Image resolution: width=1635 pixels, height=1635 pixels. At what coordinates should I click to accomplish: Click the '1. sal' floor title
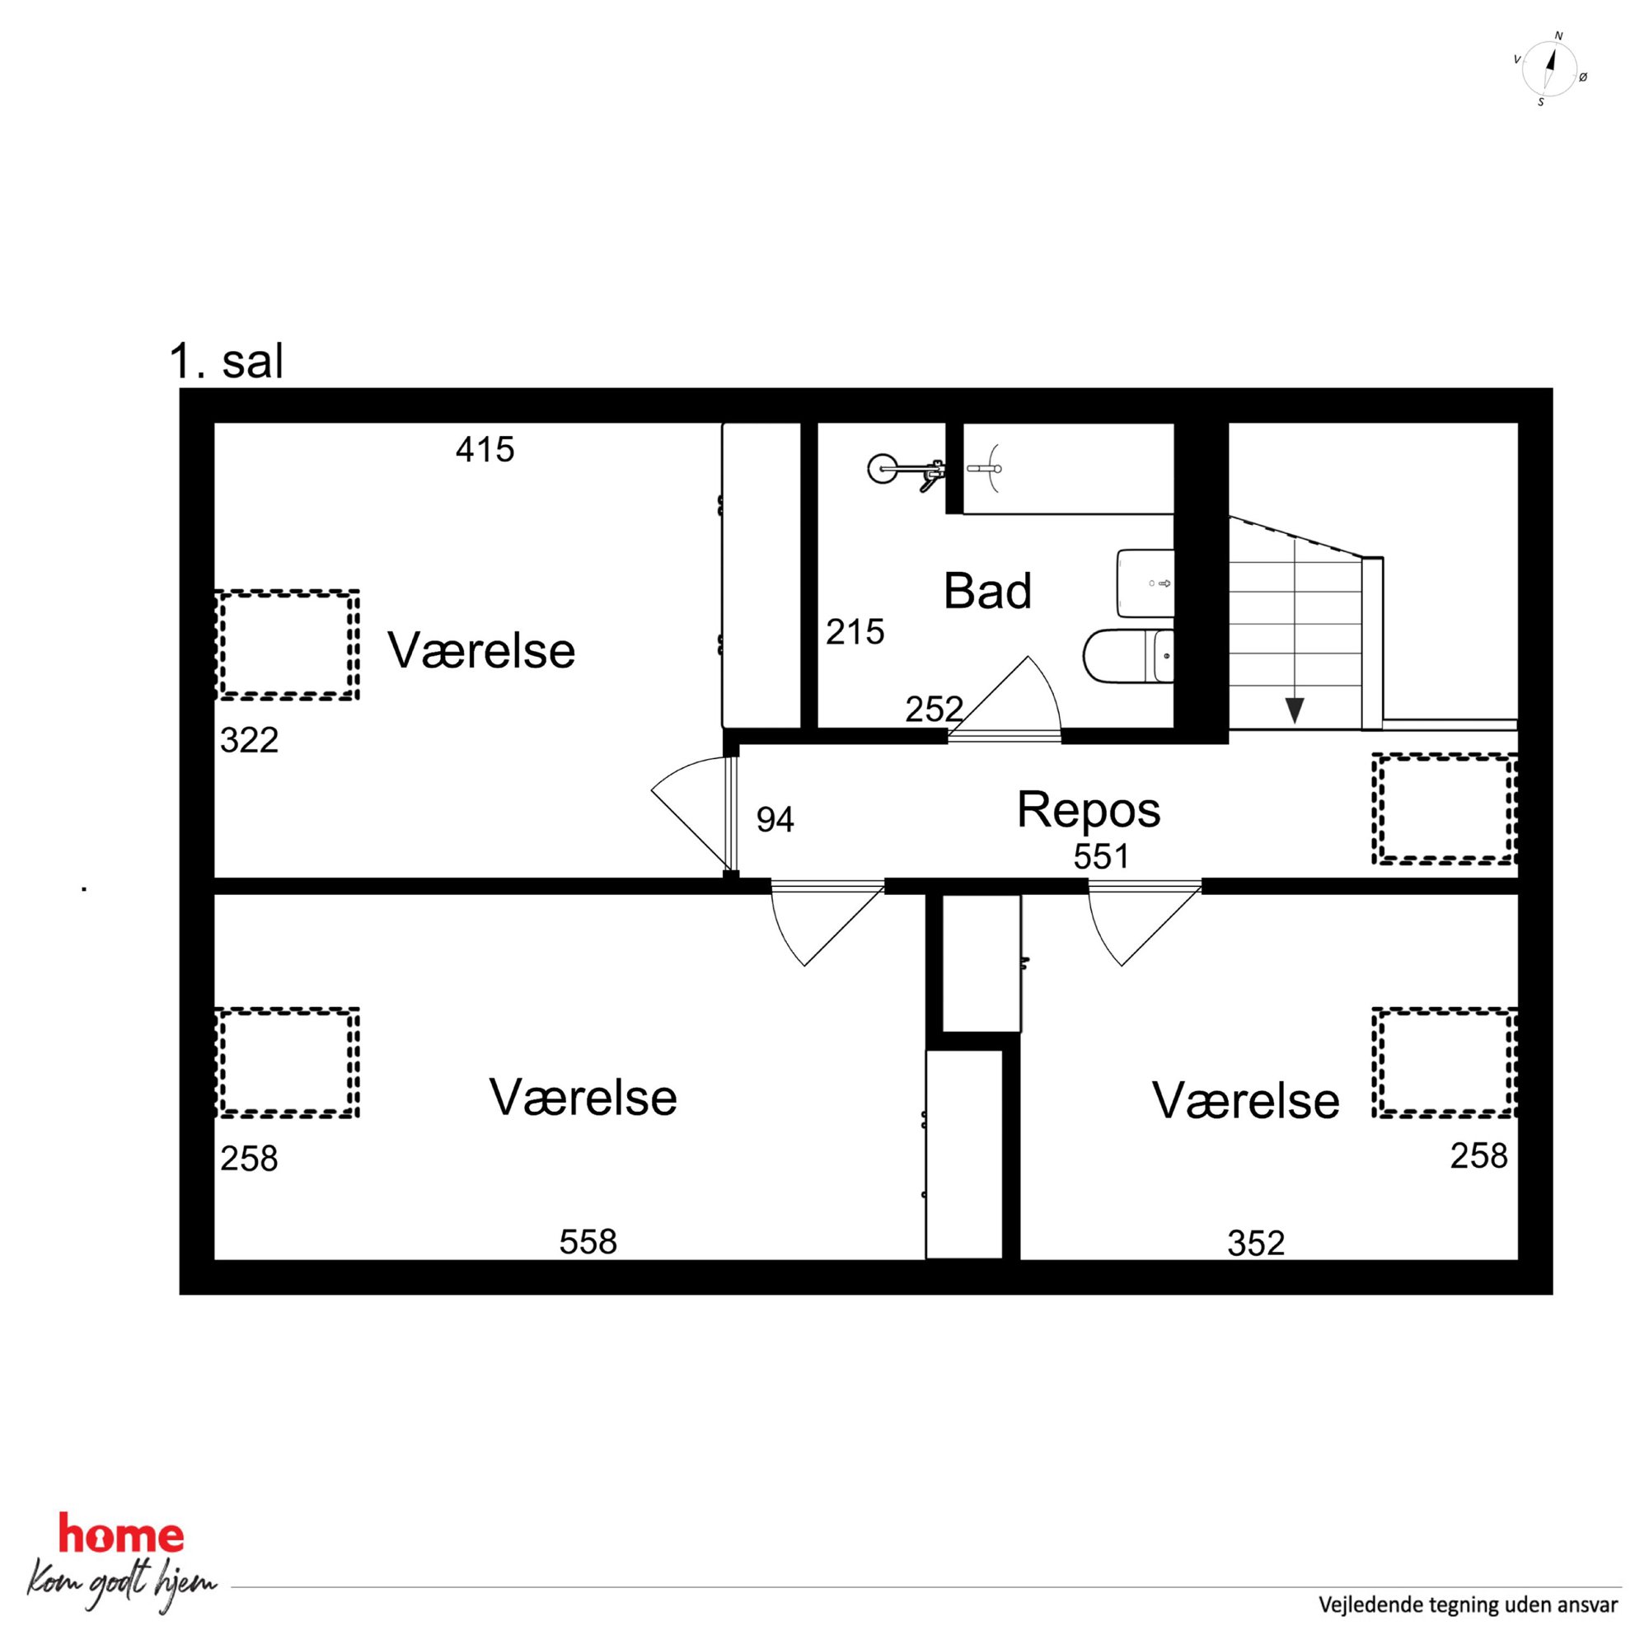226,363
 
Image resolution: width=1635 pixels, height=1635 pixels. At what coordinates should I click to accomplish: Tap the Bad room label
987,591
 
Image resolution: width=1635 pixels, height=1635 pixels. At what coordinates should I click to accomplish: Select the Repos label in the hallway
1089,809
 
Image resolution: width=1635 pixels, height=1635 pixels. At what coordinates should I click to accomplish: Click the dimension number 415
485,449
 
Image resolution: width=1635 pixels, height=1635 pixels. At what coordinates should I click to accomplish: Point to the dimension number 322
249,741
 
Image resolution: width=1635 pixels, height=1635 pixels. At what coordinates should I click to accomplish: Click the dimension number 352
1256,1243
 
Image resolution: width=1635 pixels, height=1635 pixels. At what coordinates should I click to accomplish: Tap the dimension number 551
1101,857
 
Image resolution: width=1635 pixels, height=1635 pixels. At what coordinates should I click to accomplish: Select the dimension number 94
775,819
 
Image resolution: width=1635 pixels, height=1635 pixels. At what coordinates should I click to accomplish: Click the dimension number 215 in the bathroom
855,631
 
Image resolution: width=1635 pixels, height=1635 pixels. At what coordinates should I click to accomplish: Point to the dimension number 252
935,710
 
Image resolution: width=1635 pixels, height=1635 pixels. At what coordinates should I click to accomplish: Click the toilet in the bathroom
1128,656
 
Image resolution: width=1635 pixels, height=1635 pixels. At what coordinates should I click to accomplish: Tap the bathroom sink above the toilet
1145,583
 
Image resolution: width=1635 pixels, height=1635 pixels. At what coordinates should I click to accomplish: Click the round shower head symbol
883,468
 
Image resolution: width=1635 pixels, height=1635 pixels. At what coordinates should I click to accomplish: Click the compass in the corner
1550,70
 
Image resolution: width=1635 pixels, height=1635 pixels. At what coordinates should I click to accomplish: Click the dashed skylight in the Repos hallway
1445,809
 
